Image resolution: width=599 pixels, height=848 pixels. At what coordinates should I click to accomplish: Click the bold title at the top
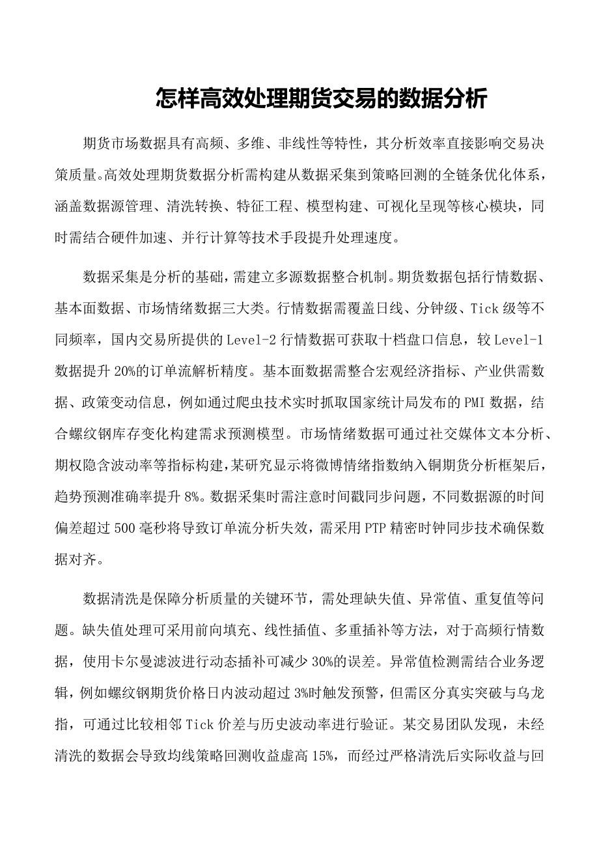coord(321,100)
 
